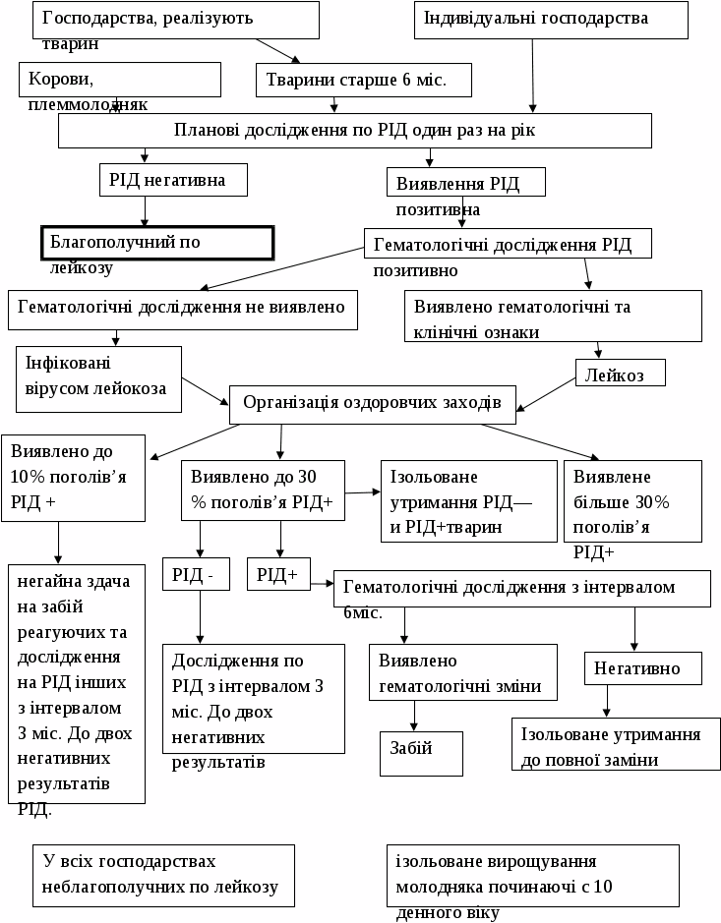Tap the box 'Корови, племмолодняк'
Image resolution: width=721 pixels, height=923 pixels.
[119, 81]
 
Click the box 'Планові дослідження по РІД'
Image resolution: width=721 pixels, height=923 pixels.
[354, 130]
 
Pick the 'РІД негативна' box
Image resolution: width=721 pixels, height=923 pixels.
[173, 180]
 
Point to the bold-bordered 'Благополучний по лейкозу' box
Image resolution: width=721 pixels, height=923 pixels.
[156, 243]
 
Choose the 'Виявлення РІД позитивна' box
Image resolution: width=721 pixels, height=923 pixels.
[466, 184]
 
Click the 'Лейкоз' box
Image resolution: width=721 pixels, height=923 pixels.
[620, 374]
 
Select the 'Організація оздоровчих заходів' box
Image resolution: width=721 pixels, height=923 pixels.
[372, 402]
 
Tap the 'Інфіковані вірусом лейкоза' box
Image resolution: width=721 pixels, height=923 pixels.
[98, 378]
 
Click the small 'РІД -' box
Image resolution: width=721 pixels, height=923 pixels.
[196, 574]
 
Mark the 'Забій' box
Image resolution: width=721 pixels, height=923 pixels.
[421, 753]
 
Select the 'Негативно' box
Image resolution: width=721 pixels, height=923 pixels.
[644, 668]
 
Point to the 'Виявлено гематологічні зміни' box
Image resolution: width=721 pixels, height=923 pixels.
[460, 672]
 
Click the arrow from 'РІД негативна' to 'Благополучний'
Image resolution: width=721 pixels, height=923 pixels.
[145, 210]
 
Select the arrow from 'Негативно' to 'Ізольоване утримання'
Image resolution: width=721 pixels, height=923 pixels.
[607, 701]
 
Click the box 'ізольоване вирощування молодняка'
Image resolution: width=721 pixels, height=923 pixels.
[533, 875]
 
